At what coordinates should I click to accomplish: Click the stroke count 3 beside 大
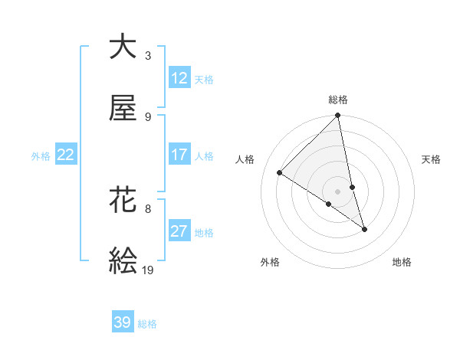click(148, 55)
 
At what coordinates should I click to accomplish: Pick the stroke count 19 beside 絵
click(148, 270)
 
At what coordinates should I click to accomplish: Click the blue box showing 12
click(179, 78)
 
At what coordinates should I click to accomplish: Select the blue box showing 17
click(179, 155)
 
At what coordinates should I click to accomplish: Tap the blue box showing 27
click(179, 231)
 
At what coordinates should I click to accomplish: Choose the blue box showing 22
click(66, 155)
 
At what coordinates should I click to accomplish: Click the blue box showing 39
click(123, 322)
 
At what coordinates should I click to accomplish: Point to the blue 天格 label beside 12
click(204, 79)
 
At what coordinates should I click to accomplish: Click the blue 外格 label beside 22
click(41, 155)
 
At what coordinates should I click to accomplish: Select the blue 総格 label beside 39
click(147, 323)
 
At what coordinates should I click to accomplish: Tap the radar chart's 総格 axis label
click(338, 100)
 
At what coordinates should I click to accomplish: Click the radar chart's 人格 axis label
click(245, 159)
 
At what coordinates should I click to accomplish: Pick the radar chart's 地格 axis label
click(402, 262)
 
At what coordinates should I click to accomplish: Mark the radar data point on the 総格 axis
click(338, 116)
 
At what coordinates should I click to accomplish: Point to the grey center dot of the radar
click(338, 191)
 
